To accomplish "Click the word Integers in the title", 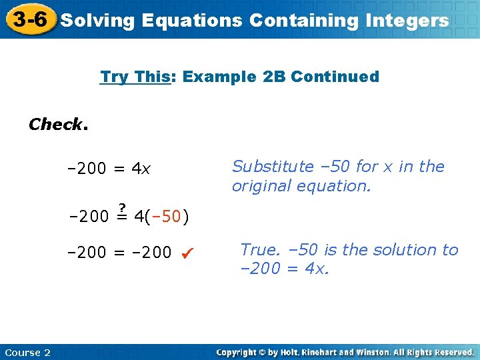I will pyautogui.click(x=407, y=21).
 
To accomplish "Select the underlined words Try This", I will pyautogui.click(x=135, y=77).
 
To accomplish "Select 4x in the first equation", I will pyautogui.click(x=141, y=169).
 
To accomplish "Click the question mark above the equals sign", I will pyautogui.click(x=123, y=206).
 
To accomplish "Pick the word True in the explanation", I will pyautogui.click(x=259, y=250).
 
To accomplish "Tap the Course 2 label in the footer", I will pyautogui.click(x=27, y=353).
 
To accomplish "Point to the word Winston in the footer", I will pyautogui.click(x=380, y=352).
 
